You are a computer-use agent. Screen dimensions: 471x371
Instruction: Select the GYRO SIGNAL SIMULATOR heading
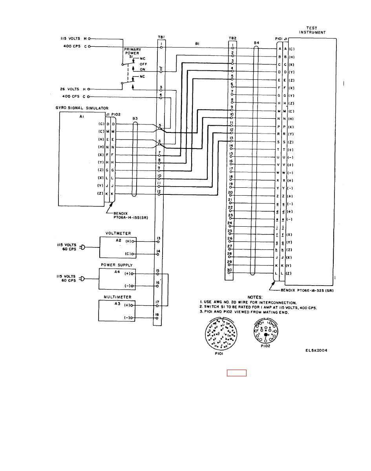[x=82, y=108]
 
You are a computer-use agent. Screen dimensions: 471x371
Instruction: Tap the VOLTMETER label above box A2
[x=118, y=233]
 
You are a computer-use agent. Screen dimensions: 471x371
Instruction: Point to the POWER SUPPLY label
[x=117, y=265]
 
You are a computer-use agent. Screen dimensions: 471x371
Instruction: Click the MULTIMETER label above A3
[x=117, y=297]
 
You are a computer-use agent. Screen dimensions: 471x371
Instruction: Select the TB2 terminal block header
[x=232, y=39]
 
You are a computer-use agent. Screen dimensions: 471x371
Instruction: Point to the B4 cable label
[x=256, y=42]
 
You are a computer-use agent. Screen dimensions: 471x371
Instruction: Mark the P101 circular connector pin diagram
[x=220, y=334]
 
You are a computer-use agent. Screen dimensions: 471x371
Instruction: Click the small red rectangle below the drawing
[x=237, y=373]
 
